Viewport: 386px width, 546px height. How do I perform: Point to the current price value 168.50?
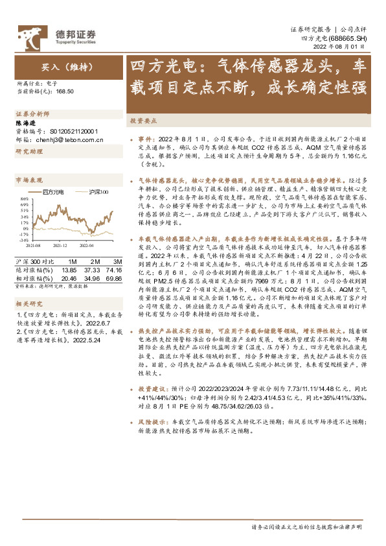[x=65, y=92]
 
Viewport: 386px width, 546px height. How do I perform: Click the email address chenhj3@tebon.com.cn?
[x=65, y=138]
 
